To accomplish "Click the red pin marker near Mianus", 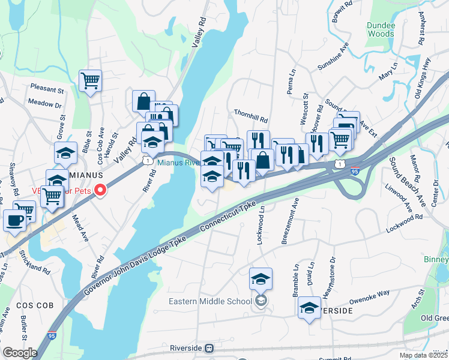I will pos(100,191).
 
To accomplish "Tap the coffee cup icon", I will pos(14,220).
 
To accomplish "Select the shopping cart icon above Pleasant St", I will pos(90,80).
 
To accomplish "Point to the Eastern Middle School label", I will pos(209,301).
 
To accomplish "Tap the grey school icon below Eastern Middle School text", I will pos(260,301).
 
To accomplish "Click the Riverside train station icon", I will pos(209,347).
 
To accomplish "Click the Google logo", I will pos(20,352).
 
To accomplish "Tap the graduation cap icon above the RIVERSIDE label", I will pos(309,308).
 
